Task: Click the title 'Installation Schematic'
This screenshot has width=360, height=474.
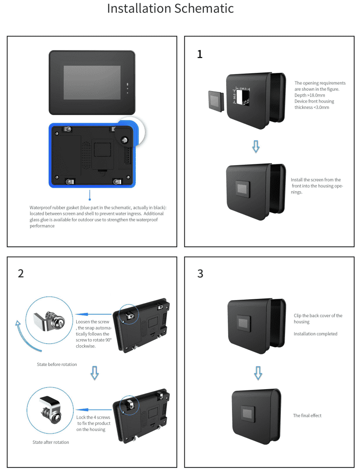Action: click(x=170, y=9)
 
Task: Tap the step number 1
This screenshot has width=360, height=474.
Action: click(x=200, y=54)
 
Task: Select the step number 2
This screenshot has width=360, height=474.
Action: click(x=21, y=273)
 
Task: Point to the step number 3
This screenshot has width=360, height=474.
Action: click(x=200, y=274)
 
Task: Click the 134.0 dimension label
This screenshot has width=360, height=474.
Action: click(x=242, y=88)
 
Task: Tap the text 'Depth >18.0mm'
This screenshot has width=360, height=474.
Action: click(x=309, y=95)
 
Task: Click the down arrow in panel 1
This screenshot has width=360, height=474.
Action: click(x=256, y=146)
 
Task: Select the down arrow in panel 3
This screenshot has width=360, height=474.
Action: click(x=258, y=373)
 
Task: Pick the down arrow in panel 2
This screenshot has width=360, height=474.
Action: click(x=95, y=373)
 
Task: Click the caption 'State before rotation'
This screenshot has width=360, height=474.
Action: click(x=57, y=364)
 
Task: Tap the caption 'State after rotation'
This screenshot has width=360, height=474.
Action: click(x=51, y=442)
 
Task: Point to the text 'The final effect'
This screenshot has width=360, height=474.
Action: click(x=307, y=415)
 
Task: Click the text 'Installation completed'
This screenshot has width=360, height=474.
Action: click(x=315, y=334)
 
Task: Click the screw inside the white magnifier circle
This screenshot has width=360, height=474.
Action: click(x=124, y=140)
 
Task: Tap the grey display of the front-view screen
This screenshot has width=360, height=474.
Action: click(x=92, y=82)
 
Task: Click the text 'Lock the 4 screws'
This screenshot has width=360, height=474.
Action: click(x=93, y=417)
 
